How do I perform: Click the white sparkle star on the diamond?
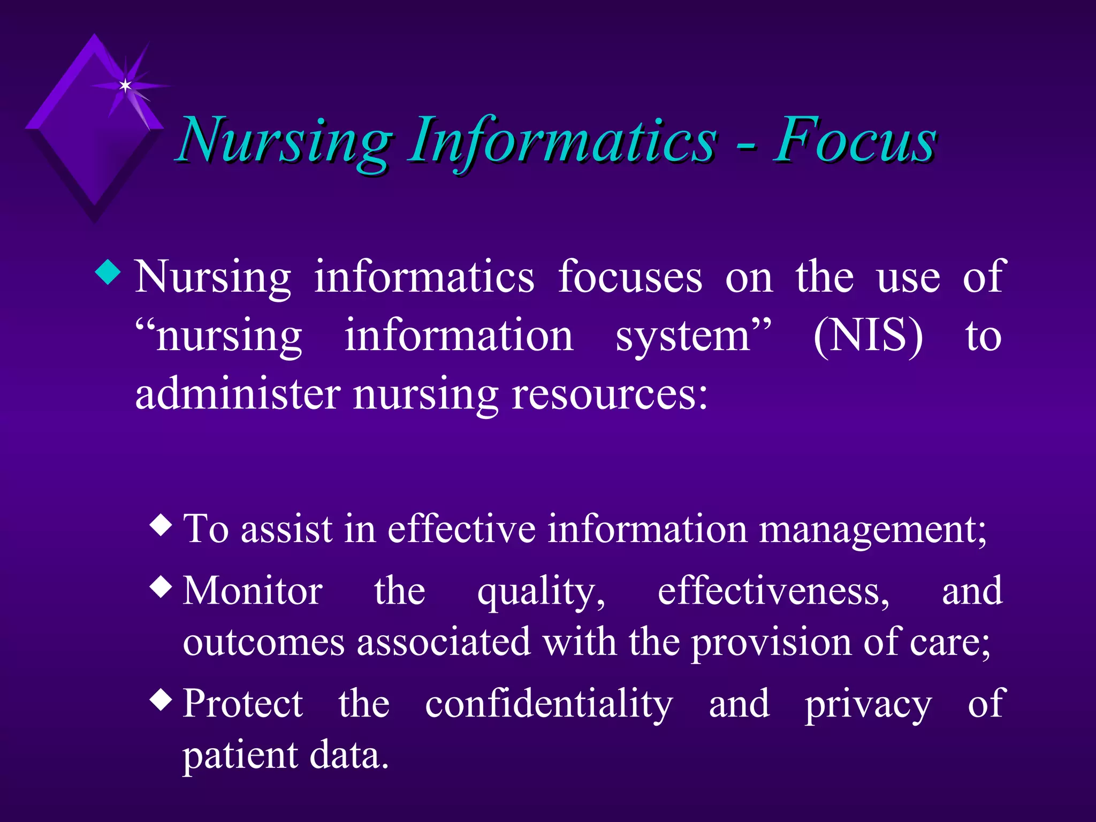coord(125,86)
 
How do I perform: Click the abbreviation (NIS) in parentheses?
coord(867,336)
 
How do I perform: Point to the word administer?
coord(238,394)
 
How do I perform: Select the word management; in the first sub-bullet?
coord(873,530)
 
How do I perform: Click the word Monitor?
coord(253,591)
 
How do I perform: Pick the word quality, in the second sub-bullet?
coord(541,592)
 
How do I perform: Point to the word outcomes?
coord(263,642)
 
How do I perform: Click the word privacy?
coord(868,705)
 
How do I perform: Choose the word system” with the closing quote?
coord(694,336)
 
